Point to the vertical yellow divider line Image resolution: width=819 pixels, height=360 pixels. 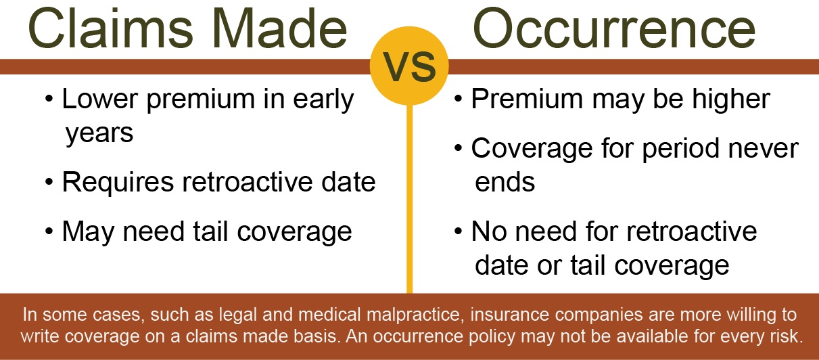pos(409,203)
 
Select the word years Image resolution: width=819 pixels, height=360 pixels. pos(99,133)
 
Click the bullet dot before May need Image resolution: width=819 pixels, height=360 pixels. pos(50,232)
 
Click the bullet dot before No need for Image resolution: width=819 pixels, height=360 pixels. pos(459,232)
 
